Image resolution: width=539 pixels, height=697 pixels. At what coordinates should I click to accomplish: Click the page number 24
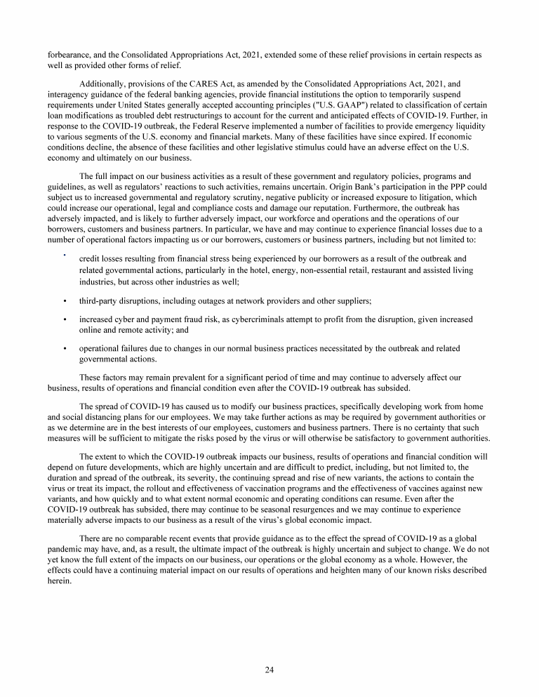pos(269,669)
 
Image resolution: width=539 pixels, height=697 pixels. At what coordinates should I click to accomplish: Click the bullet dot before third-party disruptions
pos(65,300)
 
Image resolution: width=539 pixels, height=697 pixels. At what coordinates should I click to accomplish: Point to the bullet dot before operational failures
pos(65,347)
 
